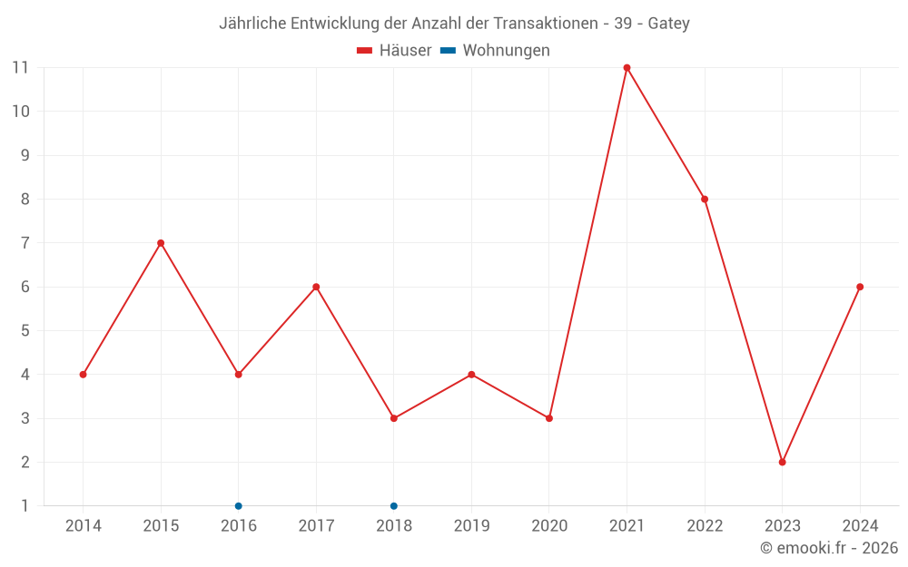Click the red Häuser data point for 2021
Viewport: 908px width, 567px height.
(x=627, y=68)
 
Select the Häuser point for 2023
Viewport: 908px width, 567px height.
(x=782, y=462)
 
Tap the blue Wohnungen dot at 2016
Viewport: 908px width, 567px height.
(x=238, y=506)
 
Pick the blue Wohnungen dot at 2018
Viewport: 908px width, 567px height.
(x=394, y=506)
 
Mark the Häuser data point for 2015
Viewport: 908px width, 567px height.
(x=161, y=243)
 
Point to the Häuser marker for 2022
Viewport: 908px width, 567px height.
(x=705, y=200)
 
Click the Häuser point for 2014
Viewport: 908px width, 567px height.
(x=83, y=375)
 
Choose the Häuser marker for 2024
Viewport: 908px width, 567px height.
(x=860, y=287)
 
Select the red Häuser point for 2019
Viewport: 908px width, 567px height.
(x=471, y=375)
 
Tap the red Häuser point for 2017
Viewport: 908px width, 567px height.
(x=316, y=287)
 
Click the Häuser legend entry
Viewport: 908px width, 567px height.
(x=394, y=51)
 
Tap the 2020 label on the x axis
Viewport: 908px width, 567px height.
(x=549, y=526)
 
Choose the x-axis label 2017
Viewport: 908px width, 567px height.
(x=316, y=526)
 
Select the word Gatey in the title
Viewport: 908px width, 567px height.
(x=669, y=24)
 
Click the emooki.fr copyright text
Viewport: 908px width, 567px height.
(x=828, y=548)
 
